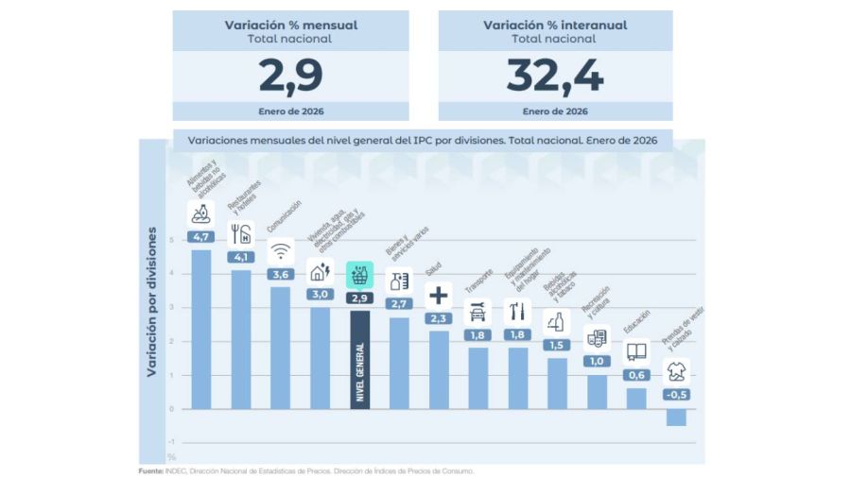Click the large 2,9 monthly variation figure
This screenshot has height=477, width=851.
tap(290, 77)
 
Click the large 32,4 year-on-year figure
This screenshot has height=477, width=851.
tap(555, 77)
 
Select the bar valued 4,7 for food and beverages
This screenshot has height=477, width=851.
tap(201, 329)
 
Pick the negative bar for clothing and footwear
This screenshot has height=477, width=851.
tap(676, 417)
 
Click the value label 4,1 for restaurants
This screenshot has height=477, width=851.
tap(241, 256)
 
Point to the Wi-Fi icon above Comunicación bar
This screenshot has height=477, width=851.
tap(280, 251)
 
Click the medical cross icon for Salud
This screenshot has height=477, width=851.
tap(439, 294)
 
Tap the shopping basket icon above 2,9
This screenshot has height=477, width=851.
tap(359, 275)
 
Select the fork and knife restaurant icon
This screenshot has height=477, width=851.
tap(241, 233)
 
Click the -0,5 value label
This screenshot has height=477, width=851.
tap(676, 394)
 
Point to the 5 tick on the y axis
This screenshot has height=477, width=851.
tap(172, 239)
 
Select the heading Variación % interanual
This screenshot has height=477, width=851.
tap(555, 26)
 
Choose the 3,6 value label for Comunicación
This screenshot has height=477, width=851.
tap(280, 274)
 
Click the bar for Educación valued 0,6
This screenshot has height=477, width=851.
tap(636, 399)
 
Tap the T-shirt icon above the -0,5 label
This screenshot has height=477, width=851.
tap(676, 370)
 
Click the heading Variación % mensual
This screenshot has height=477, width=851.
tap(290, 26)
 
